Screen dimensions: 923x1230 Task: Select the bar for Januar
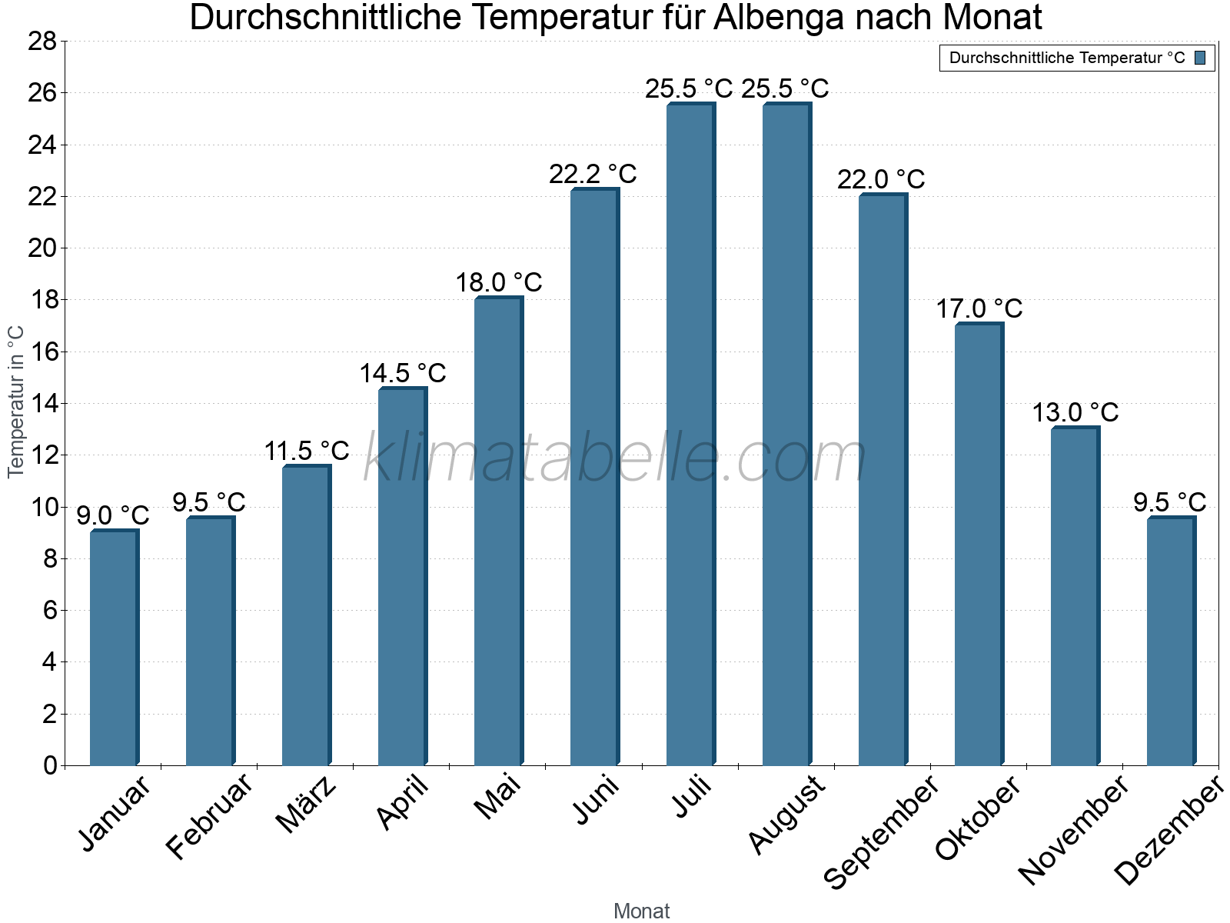(114, 648)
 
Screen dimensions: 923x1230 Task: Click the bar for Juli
(690, 435)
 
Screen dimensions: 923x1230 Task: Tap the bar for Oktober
(979, 545)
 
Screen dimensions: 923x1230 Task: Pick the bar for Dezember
(1171, 641)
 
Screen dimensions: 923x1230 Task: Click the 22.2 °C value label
(593, 174)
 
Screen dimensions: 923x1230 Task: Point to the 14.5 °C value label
(403, 373)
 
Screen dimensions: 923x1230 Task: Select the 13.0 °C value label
(1075, 412)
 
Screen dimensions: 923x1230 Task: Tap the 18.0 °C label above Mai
(499, 282)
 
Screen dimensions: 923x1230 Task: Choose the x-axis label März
(307, 805)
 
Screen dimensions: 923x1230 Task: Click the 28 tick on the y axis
(42, 41)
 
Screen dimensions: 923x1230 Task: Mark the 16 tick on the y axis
(42, 352)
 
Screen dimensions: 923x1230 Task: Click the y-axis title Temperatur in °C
(15, 402)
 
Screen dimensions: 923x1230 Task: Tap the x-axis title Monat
(642, 911)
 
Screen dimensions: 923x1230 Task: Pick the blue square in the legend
(1200, 58)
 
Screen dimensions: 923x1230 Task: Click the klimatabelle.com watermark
(615, 458)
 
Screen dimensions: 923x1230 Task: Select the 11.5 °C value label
(307, 451)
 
